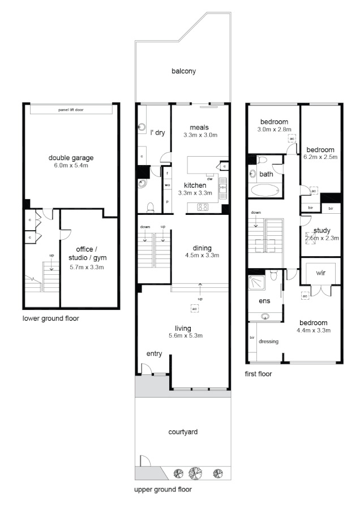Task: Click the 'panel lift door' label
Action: [71, 109]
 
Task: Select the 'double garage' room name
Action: [71, 158]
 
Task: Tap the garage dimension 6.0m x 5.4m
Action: [71, 166]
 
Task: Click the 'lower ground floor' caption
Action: [50, 318]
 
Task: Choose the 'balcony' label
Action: [183, 71]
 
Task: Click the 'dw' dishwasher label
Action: [209, 179]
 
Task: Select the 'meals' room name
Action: [200, 127]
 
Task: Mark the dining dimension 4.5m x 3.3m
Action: [202, 256]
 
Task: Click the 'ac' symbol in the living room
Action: [194, 308]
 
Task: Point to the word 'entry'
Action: [154, 354]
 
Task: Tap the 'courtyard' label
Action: [183, 432]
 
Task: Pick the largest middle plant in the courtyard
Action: [196, 473]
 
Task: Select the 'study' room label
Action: [322, 230]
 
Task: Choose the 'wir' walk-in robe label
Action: [320, 272]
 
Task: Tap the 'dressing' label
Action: [268, 342]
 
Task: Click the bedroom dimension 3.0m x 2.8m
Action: [274, 130]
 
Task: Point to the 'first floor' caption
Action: [259, 374]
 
